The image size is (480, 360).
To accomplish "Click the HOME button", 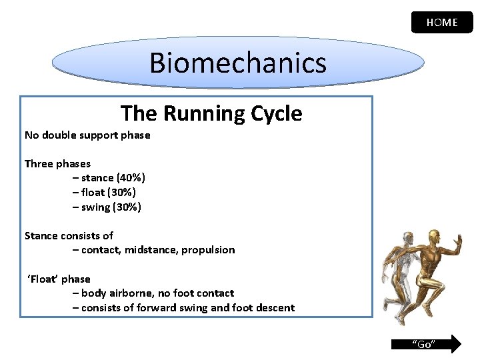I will click(442, 22).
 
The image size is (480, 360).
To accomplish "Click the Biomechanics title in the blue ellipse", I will click(238, 63).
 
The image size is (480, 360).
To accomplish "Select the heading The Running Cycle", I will click(211, 113).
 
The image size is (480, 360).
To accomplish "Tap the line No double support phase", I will click(87, 135).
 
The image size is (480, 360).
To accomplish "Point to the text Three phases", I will click(57, 164).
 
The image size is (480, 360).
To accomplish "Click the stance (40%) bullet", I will click(109, 178).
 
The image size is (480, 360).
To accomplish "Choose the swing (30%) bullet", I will click(107, 207).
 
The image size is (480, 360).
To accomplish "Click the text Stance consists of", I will click(69, 236).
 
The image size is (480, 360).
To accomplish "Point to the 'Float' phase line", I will click(59, 279).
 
